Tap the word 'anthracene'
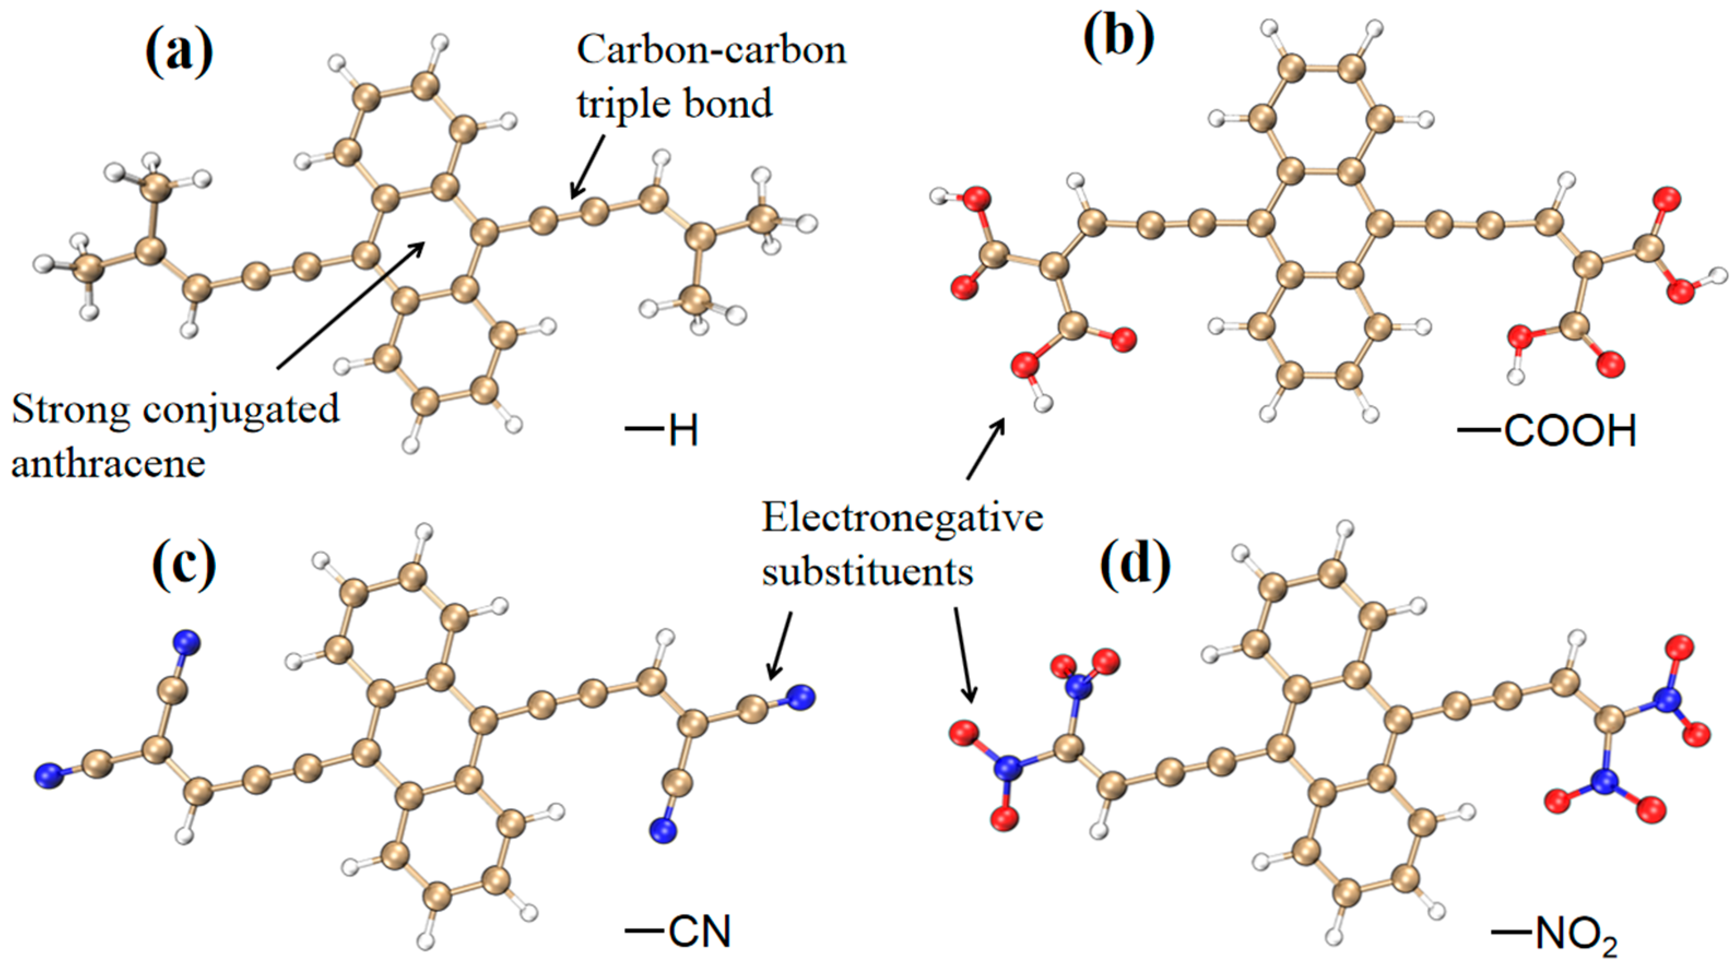(x=108, y=464)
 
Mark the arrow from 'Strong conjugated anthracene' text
(x=351, y=306)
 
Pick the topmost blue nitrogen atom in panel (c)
(x=186, y=642)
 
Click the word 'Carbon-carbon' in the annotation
(x=711, y=51)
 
